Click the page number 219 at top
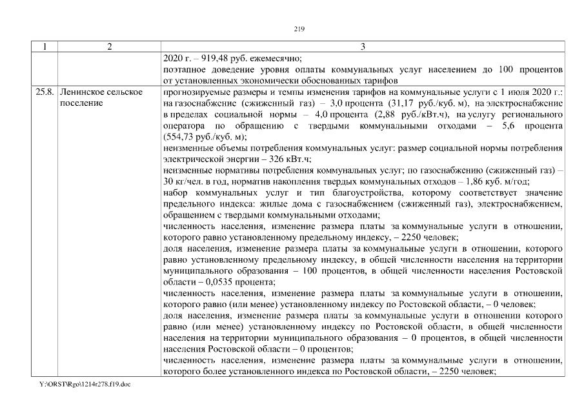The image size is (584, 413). tap(298, 28)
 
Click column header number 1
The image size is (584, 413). tap(45, 46)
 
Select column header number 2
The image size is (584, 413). tap(109, 46)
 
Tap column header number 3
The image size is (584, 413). tap(363, 46)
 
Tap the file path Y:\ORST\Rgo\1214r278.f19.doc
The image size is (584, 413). tap(81, 385)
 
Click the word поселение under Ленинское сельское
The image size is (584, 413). tap(80, 103)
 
